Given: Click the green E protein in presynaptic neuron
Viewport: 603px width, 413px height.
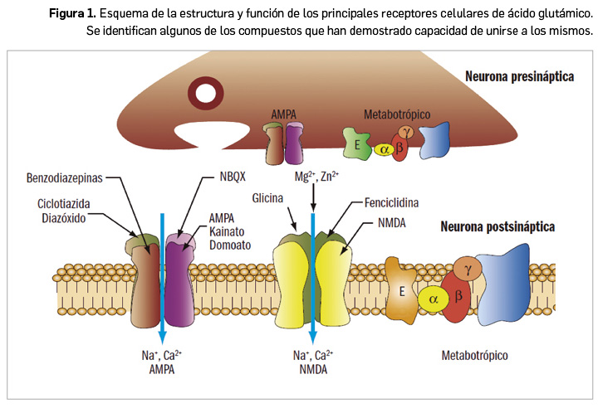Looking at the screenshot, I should pos(357,143).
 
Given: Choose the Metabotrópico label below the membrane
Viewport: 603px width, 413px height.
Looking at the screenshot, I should pos(474,356).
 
